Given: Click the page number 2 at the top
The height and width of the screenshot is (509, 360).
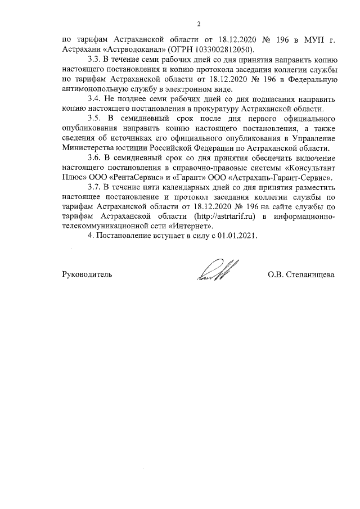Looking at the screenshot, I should tap(199, 24).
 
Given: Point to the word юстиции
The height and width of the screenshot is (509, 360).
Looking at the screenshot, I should tap(132, 147).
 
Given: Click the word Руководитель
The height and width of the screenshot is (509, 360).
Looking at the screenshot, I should tap(87, 274).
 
